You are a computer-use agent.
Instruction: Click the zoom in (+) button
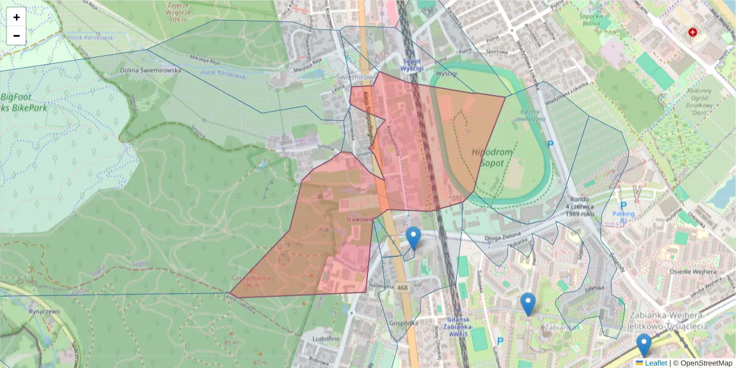(17, 17)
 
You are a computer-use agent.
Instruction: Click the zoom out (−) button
(17, 36)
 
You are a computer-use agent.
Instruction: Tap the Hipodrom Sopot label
(488, 157)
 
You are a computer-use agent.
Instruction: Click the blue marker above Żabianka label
(527, 304)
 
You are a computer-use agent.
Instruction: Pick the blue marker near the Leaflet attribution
(643, 345)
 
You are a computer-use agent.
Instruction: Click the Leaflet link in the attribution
(655, 363)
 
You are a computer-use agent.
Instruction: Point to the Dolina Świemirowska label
(151, 71)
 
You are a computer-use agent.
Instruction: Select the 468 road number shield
(402, 288)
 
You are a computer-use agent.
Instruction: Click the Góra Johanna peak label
(251, 282)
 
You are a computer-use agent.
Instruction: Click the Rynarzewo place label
(44, 311)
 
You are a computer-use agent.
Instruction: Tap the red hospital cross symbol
(693, 32)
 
